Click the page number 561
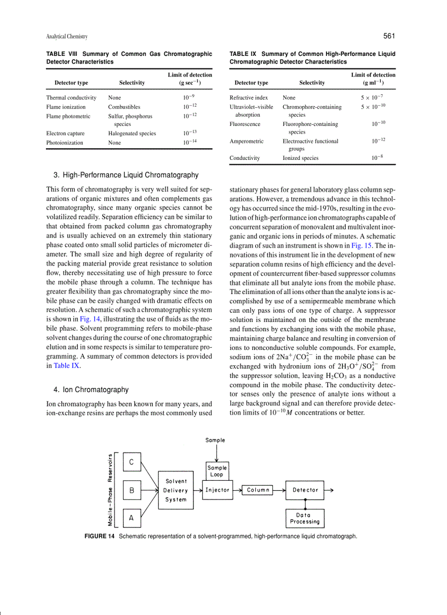389,36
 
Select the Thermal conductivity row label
71,97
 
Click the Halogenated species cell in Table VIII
132,133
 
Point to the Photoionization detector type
65,142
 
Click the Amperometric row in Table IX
247,141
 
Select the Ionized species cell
300,158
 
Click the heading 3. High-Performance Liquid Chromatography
126,175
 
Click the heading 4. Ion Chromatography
91,389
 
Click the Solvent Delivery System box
175,490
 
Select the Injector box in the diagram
217,490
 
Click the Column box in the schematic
258,490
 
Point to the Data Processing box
305,518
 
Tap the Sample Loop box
217,471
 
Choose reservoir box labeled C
131,462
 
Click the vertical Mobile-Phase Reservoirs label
111,490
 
